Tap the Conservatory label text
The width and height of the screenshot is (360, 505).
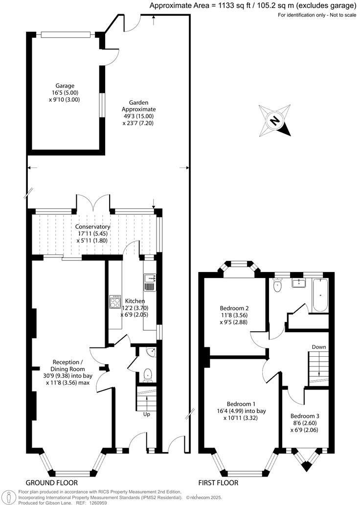pos(92,233)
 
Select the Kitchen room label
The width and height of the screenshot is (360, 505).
pos(135,308)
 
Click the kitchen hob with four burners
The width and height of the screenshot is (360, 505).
pos(115,302)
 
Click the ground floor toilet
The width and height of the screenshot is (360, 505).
pos(148,375)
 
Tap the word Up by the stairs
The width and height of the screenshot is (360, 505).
pos(146,414)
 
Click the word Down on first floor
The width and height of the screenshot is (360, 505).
pos(319,347)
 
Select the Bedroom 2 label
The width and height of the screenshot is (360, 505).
pos(234,315)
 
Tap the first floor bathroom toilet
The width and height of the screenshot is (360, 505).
pos(277,285)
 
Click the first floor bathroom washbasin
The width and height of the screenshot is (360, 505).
pos(298,282)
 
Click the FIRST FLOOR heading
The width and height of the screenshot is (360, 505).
pos(218,482)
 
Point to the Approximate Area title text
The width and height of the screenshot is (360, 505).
pos(252,6)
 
